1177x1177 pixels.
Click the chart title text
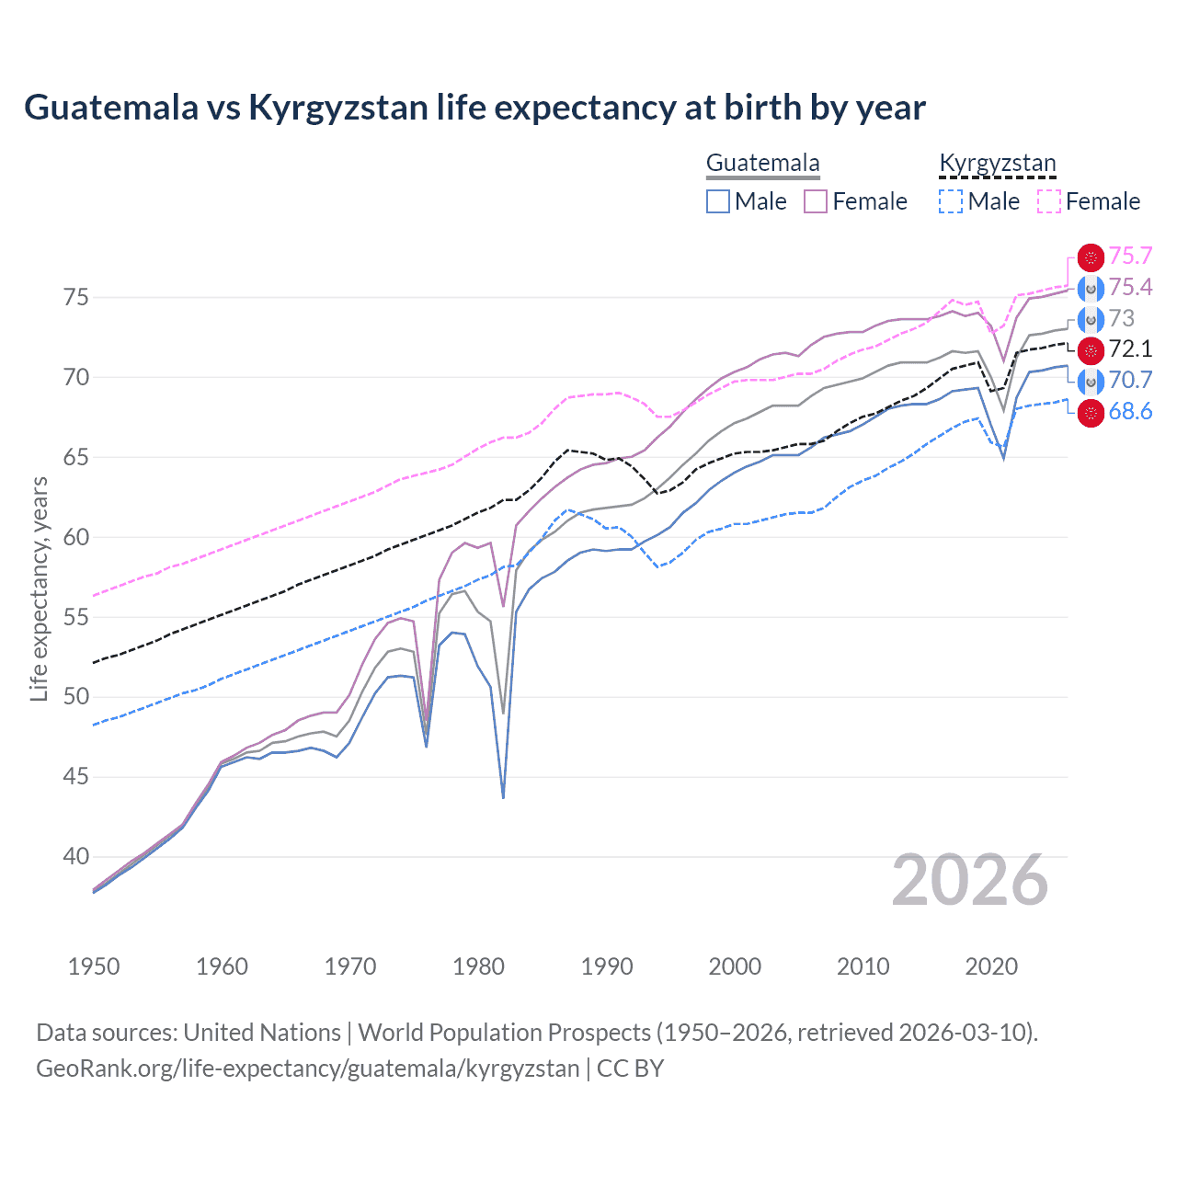pos(474,108)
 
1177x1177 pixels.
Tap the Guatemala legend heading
pos(762,163)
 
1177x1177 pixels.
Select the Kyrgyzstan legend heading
pos(997,163)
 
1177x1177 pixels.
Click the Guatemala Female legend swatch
pos(816,201)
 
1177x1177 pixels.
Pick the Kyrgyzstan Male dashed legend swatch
pos(951,201)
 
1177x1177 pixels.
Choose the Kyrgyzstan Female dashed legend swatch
pos(1049,201)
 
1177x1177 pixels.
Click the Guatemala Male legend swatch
pos(718,201)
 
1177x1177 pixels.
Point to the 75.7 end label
pos(1130,257)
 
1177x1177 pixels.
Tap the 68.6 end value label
pos(1130,412)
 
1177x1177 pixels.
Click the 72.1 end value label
pos(1130,349)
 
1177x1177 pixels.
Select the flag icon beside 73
pos(1091,319)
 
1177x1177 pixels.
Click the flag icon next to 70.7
pos(1091,381)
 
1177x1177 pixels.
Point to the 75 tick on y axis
pos(75,298)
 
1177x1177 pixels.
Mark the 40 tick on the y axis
pos(75,857)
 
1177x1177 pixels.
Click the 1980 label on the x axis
pos(478,966)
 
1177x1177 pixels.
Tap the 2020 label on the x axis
pos(991,966)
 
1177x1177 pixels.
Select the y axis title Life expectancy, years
pos(39,588)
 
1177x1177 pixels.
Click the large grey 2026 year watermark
pos(969,881)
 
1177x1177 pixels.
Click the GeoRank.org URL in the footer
pos(307,1068)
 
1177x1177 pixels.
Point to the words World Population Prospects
pos(503,1033)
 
